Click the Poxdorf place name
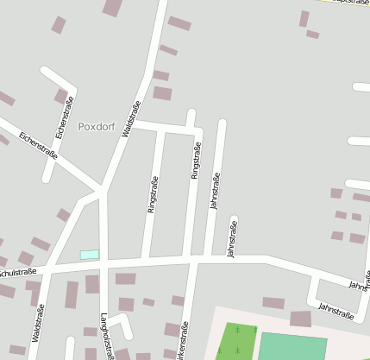pos(96,126)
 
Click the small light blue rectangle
pos(90,255)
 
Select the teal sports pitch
pos(292,346)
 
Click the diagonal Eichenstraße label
pos(38,146)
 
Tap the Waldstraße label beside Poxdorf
pos(132,118)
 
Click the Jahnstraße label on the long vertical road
pos(215,191)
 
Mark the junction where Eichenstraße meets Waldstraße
pos(102,188)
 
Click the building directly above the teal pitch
pos(300,319)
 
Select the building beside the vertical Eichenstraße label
pos(61,96)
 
